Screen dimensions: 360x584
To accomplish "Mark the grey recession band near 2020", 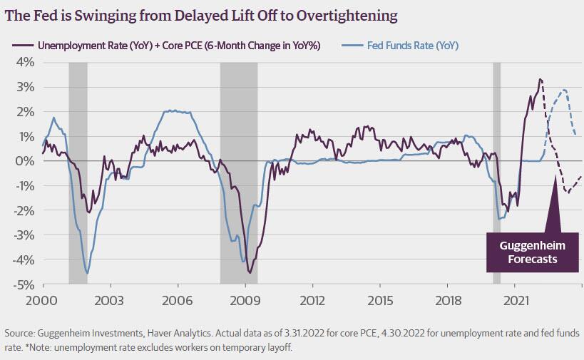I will tap(498, 171).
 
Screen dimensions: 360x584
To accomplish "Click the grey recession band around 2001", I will tap(78, 171).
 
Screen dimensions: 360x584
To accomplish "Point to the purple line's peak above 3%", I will tap(541, 78).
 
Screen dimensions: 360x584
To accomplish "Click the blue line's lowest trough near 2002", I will tap(87, 273).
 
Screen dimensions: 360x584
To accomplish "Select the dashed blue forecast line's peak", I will tap(565, 90).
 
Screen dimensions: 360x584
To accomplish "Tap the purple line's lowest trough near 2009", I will tap(250, 272).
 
